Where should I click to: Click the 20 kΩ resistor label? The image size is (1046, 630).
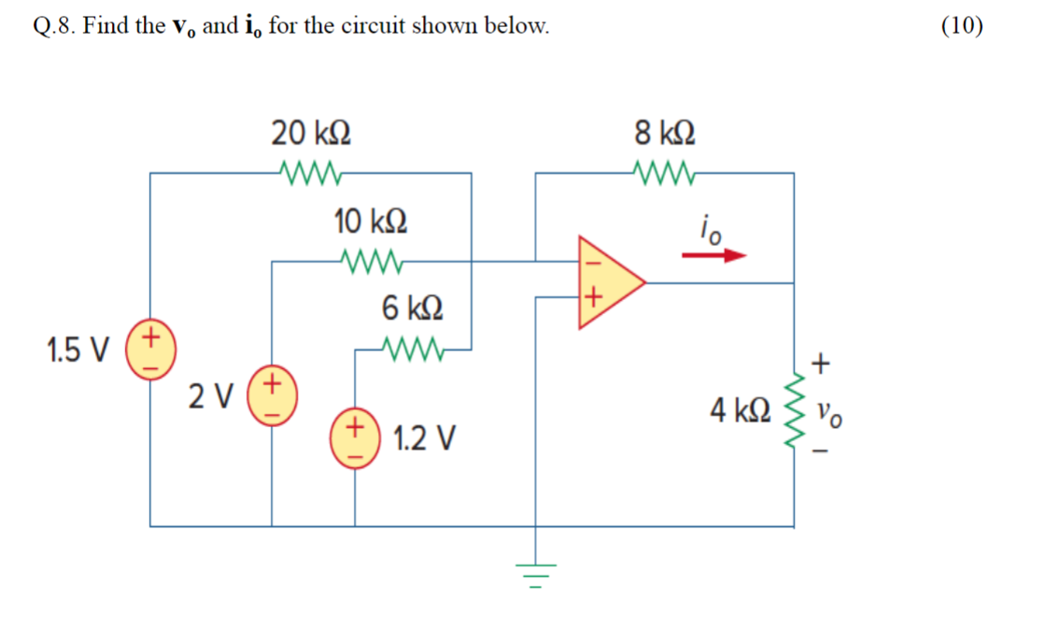[312, 134]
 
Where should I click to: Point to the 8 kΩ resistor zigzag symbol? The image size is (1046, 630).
[664, 171]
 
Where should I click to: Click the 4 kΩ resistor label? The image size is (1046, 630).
[740, 410]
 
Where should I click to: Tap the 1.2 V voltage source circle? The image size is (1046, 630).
[355, 437]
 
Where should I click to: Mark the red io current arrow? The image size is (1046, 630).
[714, 254]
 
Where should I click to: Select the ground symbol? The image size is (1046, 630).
[535, 569]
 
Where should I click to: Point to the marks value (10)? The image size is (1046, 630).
[962, 25]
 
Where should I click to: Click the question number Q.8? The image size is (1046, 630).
[53, 26]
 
